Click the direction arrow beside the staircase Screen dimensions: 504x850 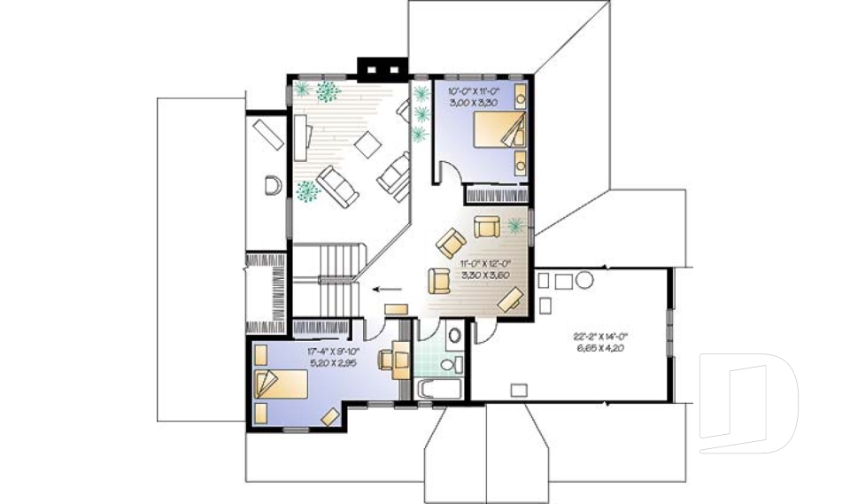(x=385, y=288)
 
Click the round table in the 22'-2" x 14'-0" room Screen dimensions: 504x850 (x=585, y=281)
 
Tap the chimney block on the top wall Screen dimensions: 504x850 (x=382, y=69)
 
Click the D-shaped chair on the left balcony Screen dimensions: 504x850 (x=273, y=185)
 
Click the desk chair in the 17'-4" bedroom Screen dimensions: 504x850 (x=387, y=360)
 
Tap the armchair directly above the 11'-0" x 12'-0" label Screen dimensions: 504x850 (x=487, y=227)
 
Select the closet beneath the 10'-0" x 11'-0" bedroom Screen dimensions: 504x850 (x=497, y=194)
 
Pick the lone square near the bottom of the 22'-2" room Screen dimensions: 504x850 (x=518, y=387)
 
